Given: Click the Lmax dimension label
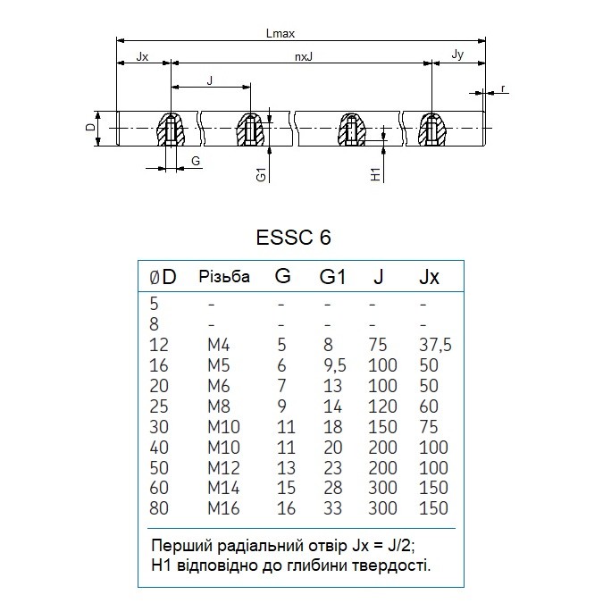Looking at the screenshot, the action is (x=280, y=33).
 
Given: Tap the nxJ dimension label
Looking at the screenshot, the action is (x=304, y=57).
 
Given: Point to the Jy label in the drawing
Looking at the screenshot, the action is (x=457, y=54).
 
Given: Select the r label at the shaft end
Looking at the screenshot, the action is (x=503, y=88).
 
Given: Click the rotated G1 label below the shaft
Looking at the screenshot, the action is (x=261, y=174).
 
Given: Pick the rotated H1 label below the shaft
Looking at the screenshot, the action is (x=375, y=174).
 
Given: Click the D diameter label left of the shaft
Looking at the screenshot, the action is (x=90, y=127).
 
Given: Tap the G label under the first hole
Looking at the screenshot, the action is (x=196, y=161).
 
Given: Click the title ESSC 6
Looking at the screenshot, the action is (x=293, y=238).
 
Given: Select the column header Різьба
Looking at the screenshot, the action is (x=224, y=277).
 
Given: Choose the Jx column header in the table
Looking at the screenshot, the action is (x=429, y=277).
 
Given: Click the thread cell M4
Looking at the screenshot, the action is (x=219, y=345).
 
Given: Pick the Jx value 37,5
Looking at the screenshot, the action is (x=435, y=345).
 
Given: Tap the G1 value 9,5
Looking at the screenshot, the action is (x=335, y=365).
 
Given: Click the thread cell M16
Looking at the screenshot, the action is (x=223, y=508).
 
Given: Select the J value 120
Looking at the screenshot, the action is (x=382, y=406).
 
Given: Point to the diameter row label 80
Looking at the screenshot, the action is (x=159, y=508).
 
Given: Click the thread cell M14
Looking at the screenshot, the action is (x=223, y=488).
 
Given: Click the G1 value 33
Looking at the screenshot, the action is (x=332, y=508).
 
